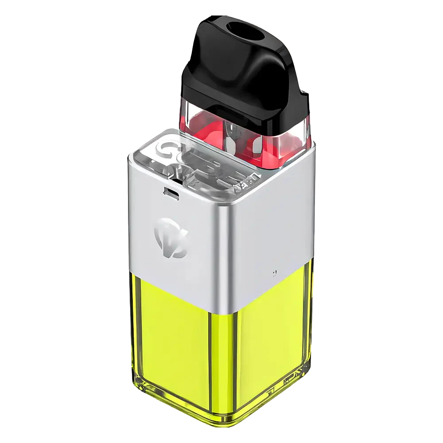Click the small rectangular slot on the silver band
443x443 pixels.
pyautogui.click(x=171, y=192)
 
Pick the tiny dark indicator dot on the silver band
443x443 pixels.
pyautogui.click(x=275, y=272)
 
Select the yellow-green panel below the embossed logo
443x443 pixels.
pyautogui.click(x=177, y=337)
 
